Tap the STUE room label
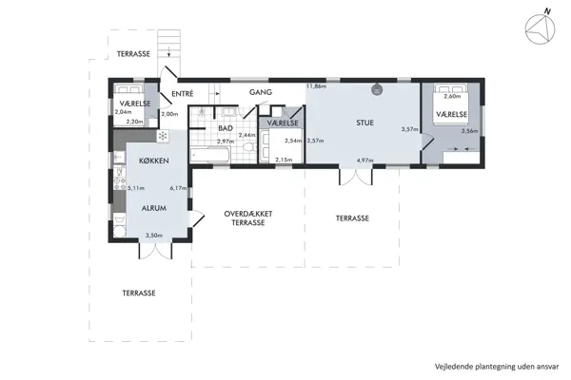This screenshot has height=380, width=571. [x=365, y=122]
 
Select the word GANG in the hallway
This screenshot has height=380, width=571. [x=261, y=92]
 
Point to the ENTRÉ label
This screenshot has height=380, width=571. [x=183, y=93]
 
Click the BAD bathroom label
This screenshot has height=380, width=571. [x=226, y=127]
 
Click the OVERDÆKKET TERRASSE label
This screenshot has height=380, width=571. [x=248, y=218]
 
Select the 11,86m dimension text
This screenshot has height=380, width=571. [x=316, y=86]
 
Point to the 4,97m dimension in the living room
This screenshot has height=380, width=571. [x=364, y=160]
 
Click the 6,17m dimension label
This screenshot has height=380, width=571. [x=176, y=187]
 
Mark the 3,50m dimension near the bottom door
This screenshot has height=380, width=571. [x=154, y=236]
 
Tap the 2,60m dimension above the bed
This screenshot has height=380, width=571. [x=452, y=96]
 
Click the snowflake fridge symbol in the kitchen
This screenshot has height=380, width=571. [x=174, y=161]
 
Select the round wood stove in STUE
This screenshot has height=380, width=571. [x=377, y=90]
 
